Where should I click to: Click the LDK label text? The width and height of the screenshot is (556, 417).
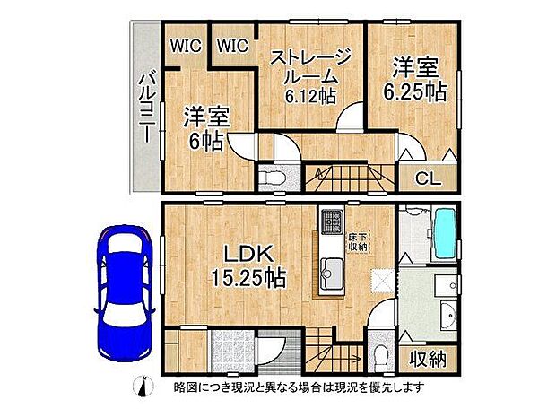[x=238, y=250]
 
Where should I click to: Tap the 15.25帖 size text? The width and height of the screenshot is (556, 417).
[x=242, y=278]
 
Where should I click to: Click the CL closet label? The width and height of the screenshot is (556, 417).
[x=428, y=177]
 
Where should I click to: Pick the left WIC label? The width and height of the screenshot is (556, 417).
[x=187, y=44]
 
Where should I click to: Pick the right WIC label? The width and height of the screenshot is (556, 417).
[x=233, y=44]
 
